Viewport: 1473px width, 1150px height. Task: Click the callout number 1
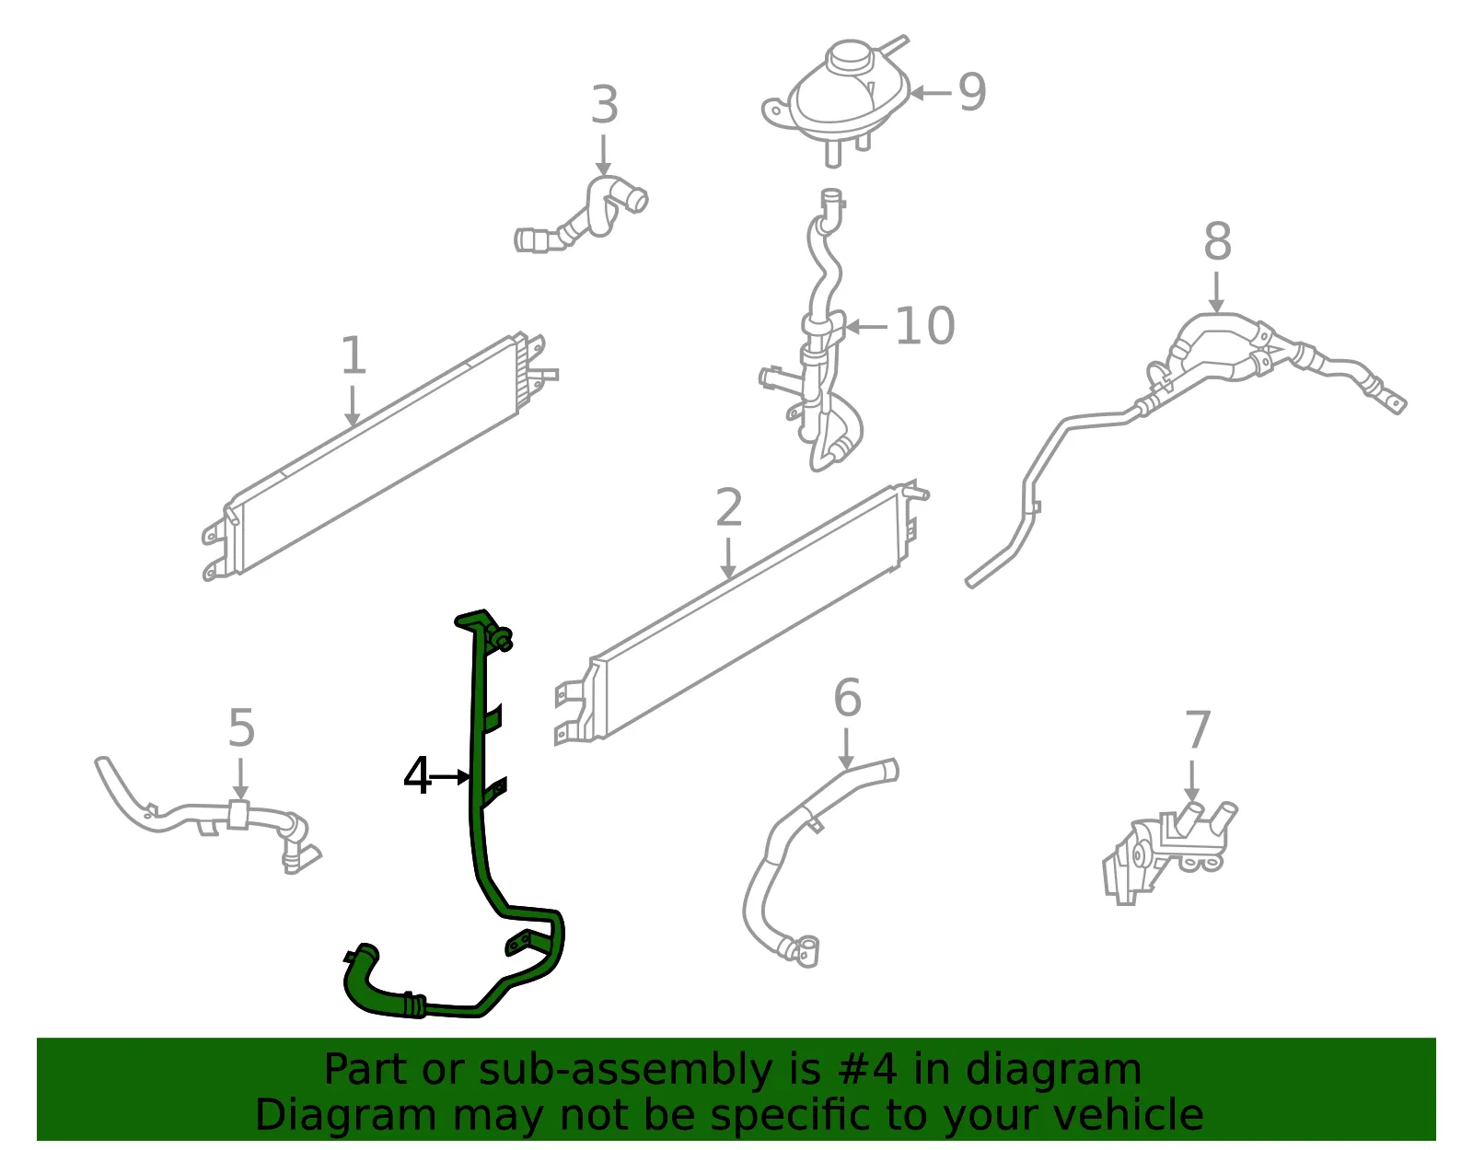click(x=354, y=354)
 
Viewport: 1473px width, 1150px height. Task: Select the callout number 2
click(x=729, y=507)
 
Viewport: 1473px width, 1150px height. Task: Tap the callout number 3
click(x=604, y=105)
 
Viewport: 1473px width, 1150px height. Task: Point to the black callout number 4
click(x=417, y=776)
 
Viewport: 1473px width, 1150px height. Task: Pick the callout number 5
click(x=241, y=727)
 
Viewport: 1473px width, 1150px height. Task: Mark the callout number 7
click(x=1197, y=729)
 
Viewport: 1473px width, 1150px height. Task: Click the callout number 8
click(x=1217, y=241)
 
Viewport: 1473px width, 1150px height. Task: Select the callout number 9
click(x=972, y=92)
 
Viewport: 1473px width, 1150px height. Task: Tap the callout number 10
click(x=925, y=326)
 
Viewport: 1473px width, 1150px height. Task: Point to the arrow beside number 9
click(x=930, y=93)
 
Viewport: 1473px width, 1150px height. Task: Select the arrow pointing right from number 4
click(x=450, y=777)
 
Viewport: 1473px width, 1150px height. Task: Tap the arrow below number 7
click(x=1191, y=781)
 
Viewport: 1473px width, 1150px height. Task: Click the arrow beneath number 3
click(x=603, y=156)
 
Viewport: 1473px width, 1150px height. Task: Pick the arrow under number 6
click(x=846, y=749)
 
